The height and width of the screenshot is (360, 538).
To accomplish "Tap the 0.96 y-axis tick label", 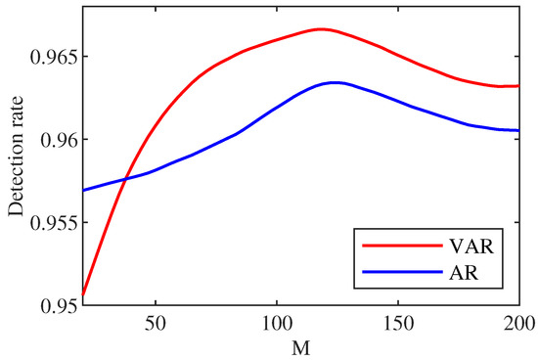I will (x=57, y=139).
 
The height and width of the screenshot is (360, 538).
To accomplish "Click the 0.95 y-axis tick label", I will (x=57, y=305).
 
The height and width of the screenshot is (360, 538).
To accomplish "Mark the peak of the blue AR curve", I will (x=335, y=82).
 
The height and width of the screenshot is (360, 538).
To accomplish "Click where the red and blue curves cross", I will (x=125, y=178).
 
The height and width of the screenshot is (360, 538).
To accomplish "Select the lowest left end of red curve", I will (x=83, y=294).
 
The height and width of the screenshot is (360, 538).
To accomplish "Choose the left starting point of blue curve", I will (x=83, y=190).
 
